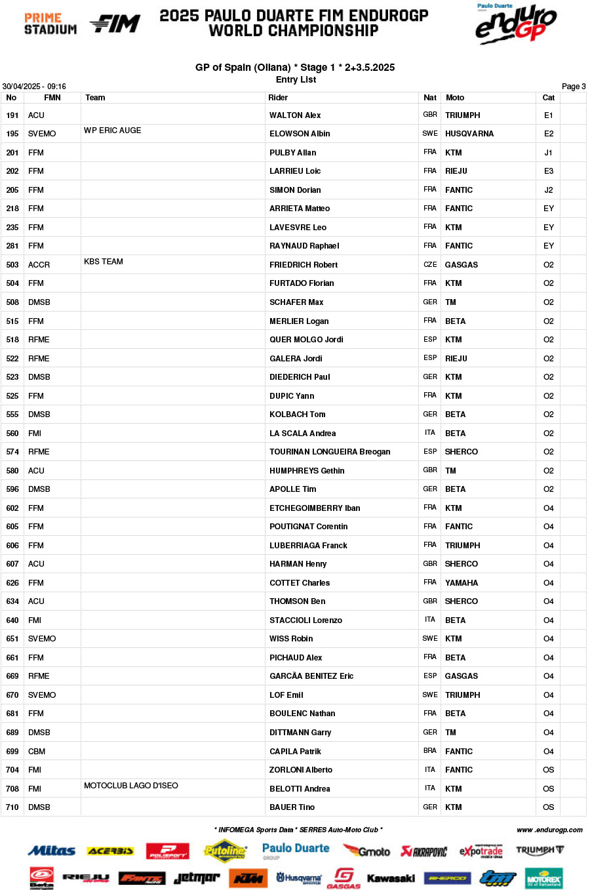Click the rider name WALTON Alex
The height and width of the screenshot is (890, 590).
pyautogui.click(x=295, y=115)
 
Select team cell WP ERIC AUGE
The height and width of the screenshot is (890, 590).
pyautogui.click(x=113, y=131)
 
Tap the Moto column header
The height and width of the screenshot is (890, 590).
pyautogui.click(x=455, y=98)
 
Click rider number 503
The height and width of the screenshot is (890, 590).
pyautogui.click(x=12, y=265)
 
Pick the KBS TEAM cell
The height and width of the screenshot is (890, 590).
pyautogui.click(x=104, y=262)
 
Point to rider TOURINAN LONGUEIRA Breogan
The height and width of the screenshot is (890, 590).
pyautogui.click(x=330, y=452)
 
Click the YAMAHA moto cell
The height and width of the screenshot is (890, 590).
pyautogui.click(x=462, y=583)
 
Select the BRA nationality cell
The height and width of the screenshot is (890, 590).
pyautogui.click(x=430, y=751)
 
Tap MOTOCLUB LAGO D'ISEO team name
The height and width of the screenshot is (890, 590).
pyautogui.click(x=131, y=786)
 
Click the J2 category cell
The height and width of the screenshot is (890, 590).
pyautogui.click(x=549, y=190)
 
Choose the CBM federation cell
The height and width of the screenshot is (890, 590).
pyautogui.click(x=37, y=752)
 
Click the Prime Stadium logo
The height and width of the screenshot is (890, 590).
pyautogui.click(x=50, y=24)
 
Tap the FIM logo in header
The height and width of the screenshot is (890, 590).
pyautogui.click(x=115, y=24)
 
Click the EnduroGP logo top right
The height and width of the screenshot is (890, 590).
pyautogui.click(x=516, y=24)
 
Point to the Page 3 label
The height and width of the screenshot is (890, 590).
pyautogui.click(x=574, y=87)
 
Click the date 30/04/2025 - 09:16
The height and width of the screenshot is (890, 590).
pyautogui.click(x=34, y=87)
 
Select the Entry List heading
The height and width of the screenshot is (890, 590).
pyautogui.click(x=296, y=79)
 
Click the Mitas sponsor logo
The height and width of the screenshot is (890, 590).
pyautogui.click(x=52, y=851)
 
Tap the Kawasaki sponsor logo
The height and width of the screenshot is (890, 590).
pyautogui.click(x=391, y=878)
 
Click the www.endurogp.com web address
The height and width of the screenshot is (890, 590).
pyautogui.click(x=549, y=830)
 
